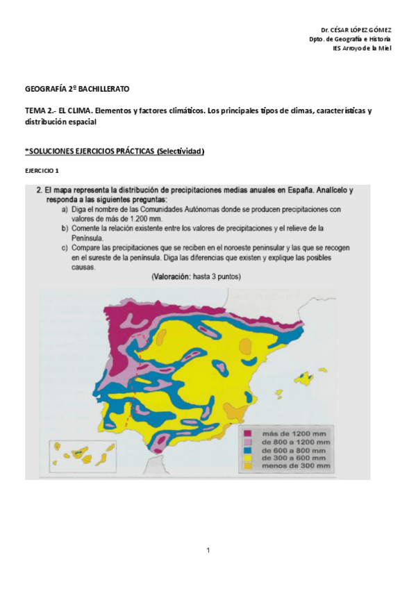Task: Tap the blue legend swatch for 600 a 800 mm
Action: tap(248, 449)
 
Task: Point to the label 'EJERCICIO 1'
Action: tap(42, 170)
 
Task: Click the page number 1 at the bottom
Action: tap(208, 551)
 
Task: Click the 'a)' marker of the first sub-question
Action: tap(64, 209)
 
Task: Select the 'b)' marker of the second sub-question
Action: tap(64, 228)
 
